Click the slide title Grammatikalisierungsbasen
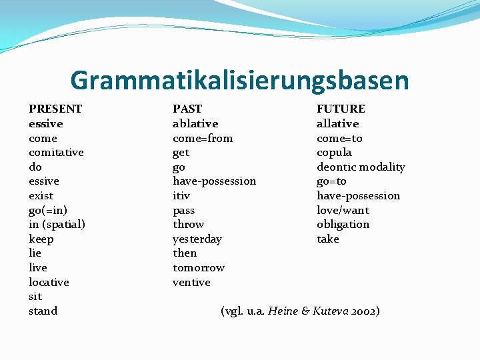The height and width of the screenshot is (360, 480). [239, 81]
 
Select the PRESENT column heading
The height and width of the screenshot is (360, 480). [55, 109]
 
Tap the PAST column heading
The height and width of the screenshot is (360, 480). [187, 109]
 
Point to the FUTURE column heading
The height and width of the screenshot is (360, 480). [341, 109]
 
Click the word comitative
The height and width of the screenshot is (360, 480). [56, 153]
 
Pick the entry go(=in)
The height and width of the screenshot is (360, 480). [48, 210]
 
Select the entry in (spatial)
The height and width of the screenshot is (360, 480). [57, 225]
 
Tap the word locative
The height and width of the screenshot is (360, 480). [49, 282]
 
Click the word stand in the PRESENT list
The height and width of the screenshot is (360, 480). [43, 311]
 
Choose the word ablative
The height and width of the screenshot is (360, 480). [195, 123]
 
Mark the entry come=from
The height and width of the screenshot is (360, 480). [203, 138]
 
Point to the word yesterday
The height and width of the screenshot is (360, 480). [197, 239]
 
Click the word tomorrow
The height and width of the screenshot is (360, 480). [199, 268]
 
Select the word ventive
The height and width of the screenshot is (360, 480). [191, 282]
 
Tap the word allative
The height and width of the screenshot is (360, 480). [337, 123]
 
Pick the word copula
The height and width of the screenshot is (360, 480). [334, 153]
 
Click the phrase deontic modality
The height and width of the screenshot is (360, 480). [361, 167]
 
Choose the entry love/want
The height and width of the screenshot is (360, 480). [343, 210]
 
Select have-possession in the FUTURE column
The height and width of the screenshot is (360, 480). [358, 195]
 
